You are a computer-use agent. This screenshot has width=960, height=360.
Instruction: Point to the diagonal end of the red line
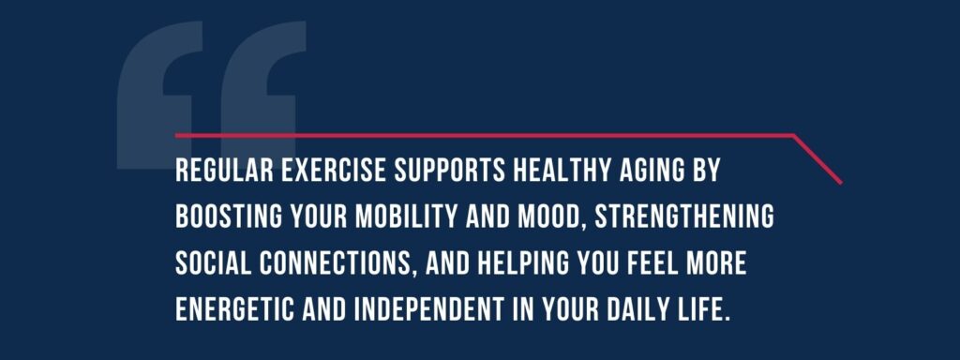click(818, 159)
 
